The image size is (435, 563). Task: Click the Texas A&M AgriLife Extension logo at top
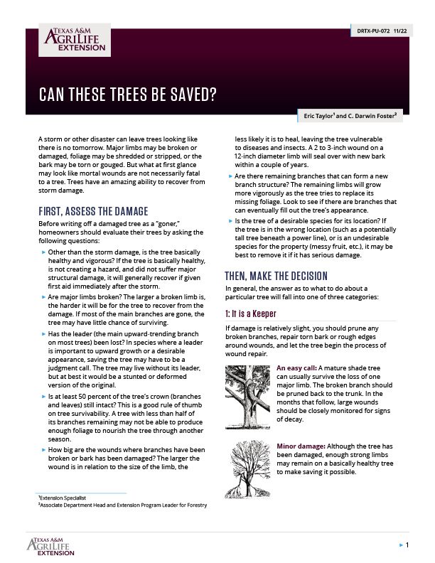(74, 40)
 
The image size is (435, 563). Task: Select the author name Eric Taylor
(323, 115)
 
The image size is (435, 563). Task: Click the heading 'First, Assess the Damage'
(92, 211)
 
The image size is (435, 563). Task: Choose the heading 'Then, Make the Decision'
(276, 276)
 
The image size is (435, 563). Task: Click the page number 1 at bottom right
(407, 545)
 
